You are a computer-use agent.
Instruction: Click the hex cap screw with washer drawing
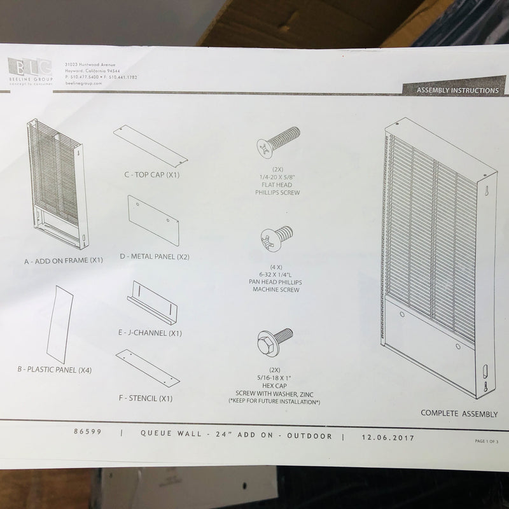pos(274,342)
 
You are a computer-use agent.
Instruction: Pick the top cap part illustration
pos(150,146)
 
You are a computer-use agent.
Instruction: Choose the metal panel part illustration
pos(153,220)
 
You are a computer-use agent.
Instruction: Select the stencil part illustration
pos(148,368)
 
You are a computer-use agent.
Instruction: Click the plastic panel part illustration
pos(59,324)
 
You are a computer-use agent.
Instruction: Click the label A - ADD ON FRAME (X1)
pos(63,260)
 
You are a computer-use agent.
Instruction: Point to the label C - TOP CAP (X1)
pos(151,175)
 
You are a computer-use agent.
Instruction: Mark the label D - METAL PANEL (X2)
pos(154,256)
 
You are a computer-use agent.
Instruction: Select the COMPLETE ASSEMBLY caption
pos(459,414)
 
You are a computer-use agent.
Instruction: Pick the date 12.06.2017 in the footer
pos(387,437)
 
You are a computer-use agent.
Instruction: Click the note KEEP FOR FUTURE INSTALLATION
pos(274,402)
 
